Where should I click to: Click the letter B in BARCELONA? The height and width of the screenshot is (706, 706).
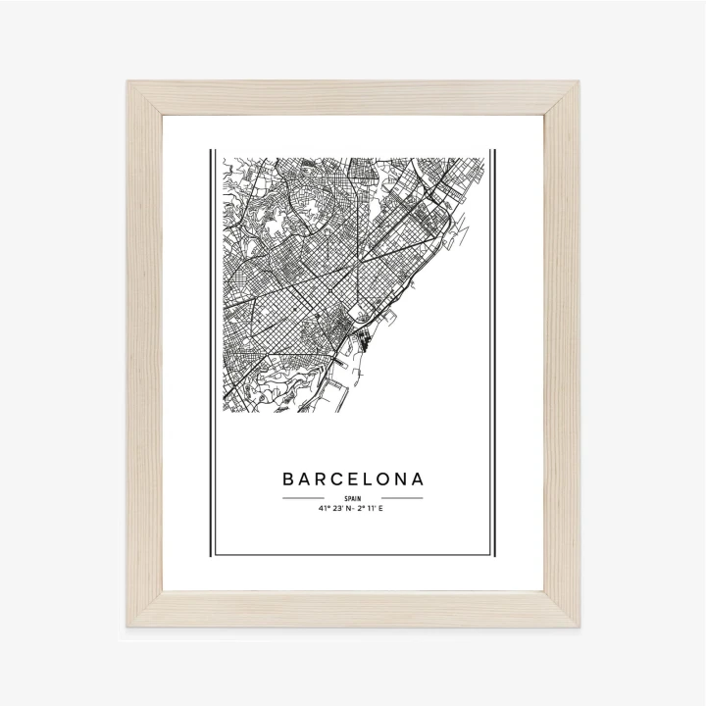[x=289, y=480]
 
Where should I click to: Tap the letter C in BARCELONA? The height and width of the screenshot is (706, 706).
[x=339, y=480]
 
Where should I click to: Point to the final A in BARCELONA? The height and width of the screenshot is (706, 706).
[x=419, y=480]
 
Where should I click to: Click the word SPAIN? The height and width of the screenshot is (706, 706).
[x=353, y=498]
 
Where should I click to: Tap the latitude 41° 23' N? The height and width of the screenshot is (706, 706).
[x=334, y=509]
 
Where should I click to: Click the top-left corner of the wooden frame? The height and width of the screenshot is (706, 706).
[x=130, y=84]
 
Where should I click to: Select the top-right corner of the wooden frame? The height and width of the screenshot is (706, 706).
[x=576, y=84]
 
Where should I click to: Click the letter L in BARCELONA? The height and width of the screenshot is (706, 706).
[x=370, y=480]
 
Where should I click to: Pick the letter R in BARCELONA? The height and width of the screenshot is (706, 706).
[x=322, y=480]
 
